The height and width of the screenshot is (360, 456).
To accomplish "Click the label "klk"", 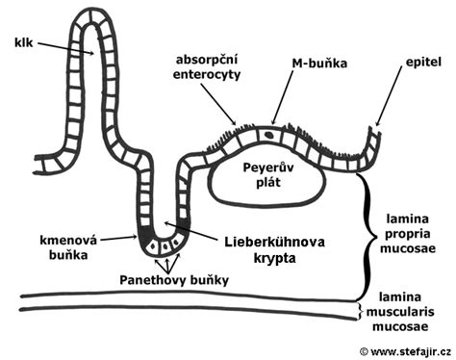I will coord(25,41).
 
